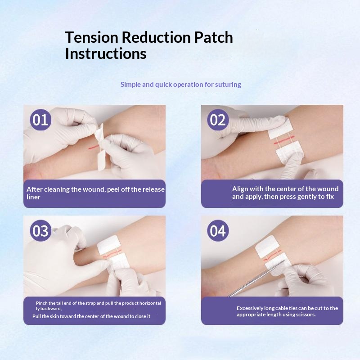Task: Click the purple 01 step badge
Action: tap(40, 120)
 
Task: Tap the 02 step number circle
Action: tap(218, 120)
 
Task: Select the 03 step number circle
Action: tap(40, 230)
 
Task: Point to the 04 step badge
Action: tap(218, 230)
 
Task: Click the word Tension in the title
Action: tap(91, 37)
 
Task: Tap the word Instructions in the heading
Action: tap(106, 54)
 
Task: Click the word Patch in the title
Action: tap(213, 37)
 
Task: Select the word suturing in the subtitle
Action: tap(228, 85)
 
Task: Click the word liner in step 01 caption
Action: tap(33, 197)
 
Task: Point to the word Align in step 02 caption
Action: tap(240, 189)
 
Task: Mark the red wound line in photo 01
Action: tap(94, 147)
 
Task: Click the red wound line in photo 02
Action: tap(284, 140)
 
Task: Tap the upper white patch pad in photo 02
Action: tap(280, 130)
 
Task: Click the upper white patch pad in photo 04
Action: tap(267, 246)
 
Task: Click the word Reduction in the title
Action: tap(156, 37)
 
